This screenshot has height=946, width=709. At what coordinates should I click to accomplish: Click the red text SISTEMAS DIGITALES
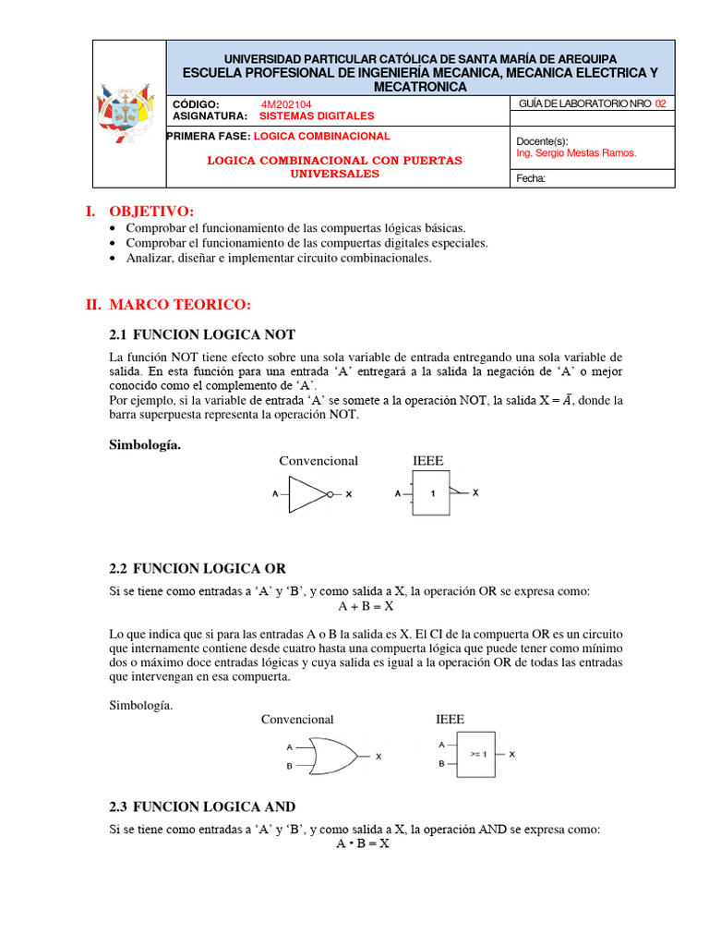point(316,116)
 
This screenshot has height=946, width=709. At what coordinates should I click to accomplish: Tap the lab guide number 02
point(659,104)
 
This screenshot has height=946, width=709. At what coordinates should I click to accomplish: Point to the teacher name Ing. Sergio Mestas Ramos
point(576,153)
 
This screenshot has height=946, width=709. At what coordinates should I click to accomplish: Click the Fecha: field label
point(531,179)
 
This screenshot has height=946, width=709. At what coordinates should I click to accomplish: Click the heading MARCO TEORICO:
point(179,305)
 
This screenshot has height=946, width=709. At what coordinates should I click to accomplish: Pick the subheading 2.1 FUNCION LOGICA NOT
point(202,334)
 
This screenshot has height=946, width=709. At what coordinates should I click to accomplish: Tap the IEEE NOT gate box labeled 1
point(431,494)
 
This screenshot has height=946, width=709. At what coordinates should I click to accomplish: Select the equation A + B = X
point(366,606)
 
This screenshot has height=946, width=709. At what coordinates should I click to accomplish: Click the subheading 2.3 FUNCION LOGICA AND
point(202,807)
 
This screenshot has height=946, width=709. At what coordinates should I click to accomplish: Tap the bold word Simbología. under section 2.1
point(145,444)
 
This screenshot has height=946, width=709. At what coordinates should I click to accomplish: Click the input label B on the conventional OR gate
point(290,766)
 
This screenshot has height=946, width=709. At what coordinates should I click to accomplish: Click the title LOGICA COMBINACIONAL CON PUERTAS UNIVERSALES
point(334,166)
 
